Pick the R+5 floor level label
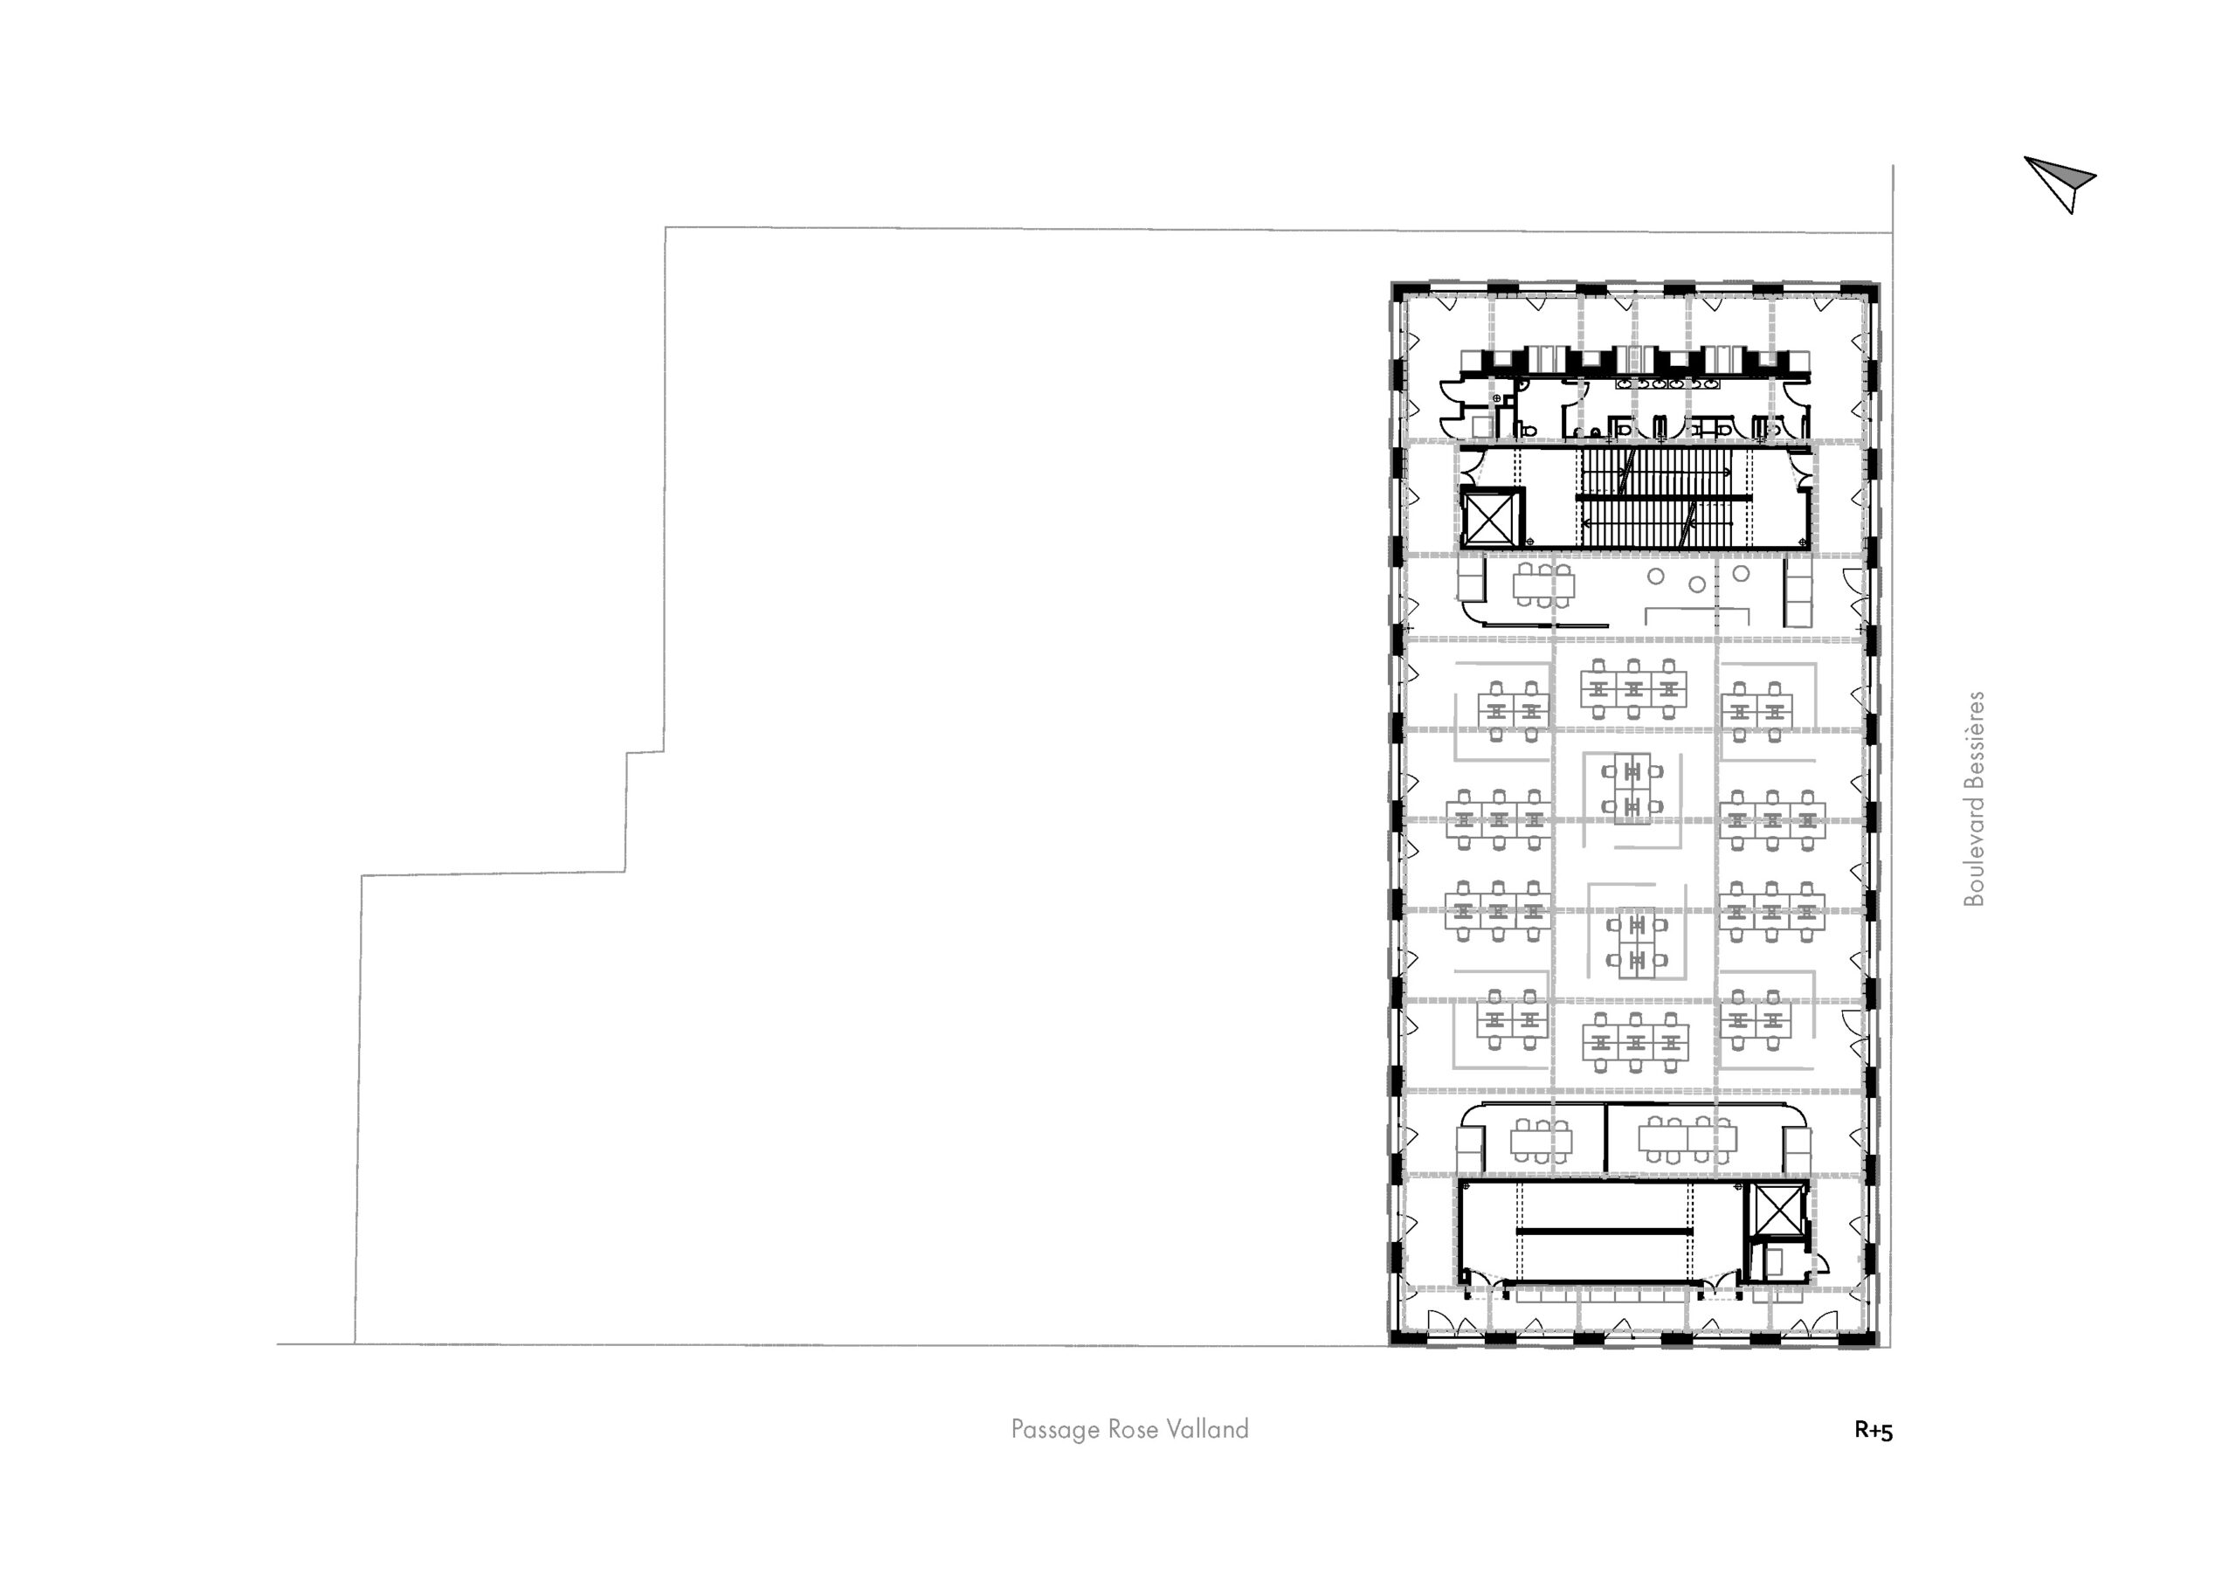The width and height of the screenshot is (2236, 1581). pos(1874,1431)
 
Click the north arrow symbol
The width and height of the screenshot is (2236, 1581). pos(2060,183)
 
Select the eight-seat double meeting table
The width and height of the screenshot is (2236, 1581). pos(1687,1138)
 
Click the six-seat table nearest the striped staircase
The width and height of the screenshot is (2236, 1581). pos(1542,584)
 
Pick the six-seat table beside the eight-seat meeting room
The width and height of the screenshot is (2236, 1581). pos(1542,1138)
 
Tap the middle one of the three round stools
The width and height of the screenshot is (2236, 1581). pos(1697,584)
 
